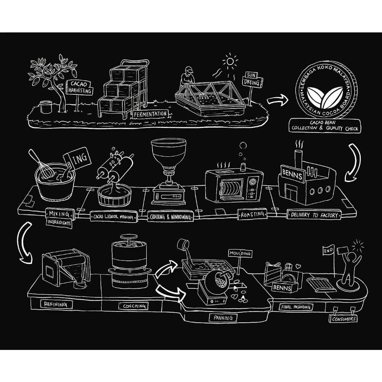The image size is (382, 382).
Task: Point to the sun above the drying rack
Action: (230, 61)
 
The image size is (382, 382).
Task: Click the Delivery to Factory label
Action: (314, 215)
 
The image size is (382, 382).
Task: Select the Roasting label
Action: (252, 215)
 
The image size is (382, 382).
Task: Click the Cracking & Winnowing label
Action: (170, 217)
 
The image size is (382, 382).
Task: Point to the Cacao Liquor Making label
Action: (113, 217)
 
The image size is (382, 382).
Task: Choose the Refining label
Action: (56, 304)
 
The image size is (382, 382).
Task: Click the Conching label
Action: (134, 306)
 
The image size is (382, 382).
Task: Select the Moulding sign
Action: (240, 254)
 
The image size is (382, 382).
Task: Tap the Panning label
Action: (223, 318)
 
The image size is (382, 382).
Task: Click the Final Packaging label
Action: (296, 307)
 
